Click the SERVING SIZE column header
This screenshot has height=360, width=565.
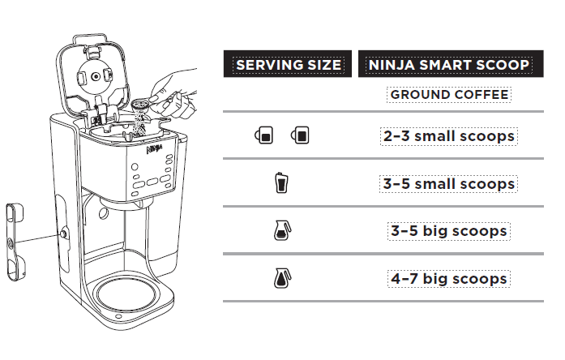point(287,64)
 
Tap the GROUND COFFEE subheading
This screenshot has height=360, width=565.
point(449,95)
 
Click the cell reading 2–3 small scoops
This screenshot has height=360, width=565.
point(449,136)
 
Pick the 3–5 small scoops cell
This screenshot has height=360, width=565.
point(449,184)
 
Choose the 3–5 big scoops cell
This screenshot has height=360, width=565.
point(449,231)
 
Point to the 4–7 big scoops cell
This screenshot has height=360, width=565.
point(449,279)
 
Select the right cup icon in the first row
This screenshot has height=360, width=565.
point(301,136)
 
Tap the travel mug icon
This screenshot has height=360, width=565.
point(281,184)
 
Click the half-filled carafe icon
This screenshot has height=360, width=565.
point(281,232)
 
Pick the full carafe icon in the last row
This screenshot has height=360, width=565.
point(281,279)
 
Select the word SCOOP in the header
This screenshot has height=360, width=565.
point(507,64)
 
